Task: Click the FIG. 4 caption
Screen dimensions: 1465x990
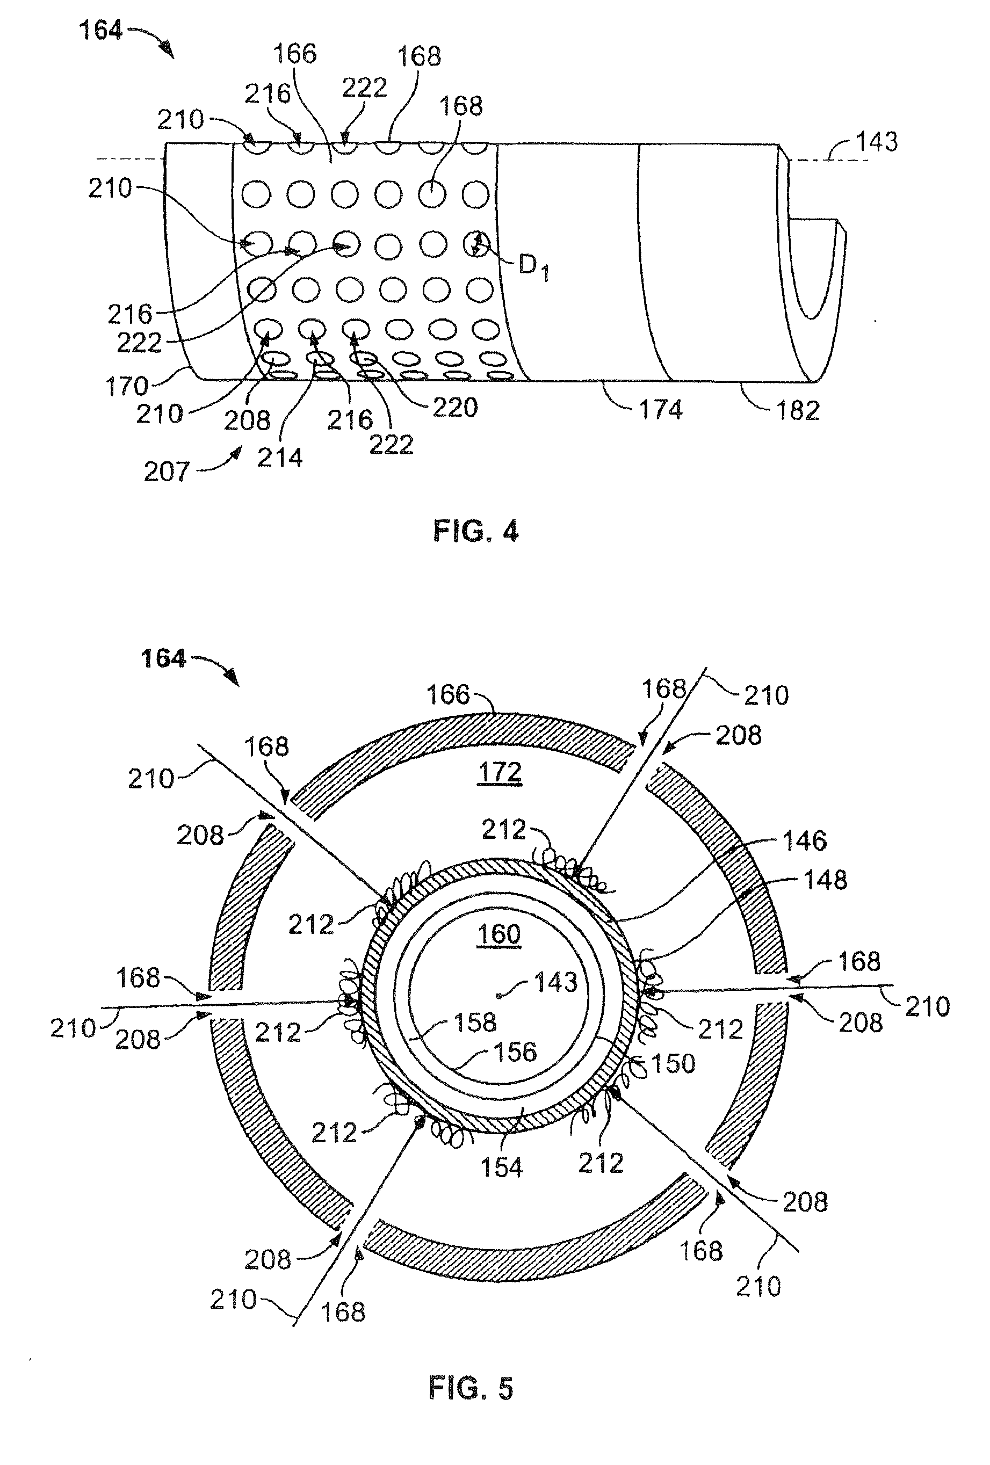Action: click(x=475, y=532)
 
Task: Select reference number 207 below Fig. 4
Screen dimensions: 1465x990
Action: click(x=166, y=472)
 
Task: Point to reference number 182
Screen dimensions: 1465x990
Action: click(x=798, y=410)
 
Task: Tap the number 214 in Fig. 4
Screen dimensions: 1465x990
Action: click(x=279, y=458)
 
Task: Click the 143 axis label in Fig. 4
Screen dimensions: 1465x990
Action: click(x=877, y=142)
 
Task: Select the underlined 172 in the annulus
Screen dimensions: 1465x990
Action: click(x=500, y=772)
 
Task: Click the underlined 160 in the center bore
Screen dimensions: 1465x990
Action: click(x=499, y=933)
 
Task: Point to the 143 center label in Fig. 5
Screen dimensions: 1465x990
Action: click(x=555, y=982)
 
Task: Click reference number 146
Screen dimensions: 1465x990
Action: click(x=804, y=840)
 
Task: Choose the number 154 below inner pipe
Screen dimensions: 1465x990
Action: click(x=501, y=1167)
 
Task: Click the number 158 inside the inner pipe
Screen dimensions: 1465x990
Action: click(x=475, y=1022)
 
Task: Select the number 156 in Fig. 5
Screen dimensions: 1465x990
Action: click(x=515, y=1052)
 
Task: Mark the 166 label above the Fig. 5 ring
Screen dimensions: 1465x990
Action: click(x=449, y=695)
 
